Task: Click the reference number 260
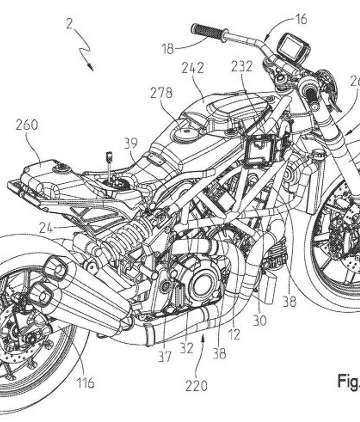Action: [x=26, y=125]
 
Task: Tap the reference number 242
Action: [x=192, y=69]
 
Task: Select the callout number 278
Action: [x=161, y=93]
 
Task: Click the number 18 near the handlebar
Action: [x=168, y=48]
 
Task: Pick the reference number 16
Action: [x=301, y=19]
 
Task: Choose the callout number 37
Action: [x=165, y=356]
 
